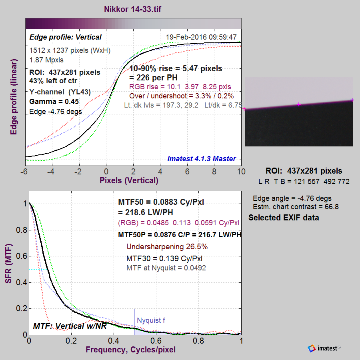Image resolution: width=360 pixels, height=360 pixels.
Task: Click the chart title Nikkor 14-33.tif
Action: click(x=132, y=9)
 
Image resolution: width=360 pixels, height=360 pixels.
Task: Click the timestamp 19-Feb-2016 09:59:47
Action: click(x=201, y=37)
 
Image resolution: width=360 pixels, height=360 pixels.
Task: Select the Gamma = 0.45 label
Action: click(x=54, y=102)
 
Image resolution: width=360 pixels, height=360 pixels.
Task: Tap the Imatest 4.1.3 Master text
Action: click(x=201, y=159)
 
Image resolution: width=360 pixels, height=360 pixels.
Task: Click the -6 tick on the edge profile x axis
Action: click(x=24, y=172)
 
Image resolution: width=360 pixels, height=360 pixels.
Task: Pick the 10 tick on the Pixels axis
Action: click(x=241, y=172)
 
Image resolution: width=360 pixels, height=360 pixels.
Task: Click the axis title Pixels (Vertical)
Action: click(x=129, y=180)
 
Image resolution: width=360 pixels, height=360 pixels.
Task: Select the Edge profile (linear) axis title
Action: click(x=14, y=97)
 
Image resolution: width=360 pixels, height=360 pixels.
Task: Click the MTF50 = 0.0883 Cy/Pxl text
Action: click(x=161, y=202)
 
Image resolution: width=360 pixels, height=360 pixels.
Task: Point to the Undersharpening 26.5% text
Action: click(x=167, y=246)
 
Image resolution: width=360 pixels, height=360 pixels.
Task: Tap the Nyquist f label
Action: click(x=151, y=320)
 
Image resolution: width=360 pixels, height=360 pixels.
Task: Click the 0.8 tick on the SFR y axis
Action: click(x=21, y=230)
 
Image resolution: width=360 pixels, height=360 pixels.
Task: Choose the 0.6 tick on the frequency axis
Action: click(x=156, y=341)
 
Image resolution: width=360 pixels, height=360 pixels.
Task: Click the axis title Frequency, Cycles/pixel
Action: click(x=130, y=350)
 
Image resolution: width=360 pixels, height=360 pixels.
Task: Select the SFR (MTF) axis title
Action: click(x=8, y=264)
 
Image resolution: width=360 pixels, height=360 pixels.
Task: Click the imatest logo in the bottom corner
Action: click(x=324, y=348)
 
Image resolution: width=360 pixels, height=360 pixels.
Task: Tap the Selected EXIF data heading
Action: click(x=284, y=218)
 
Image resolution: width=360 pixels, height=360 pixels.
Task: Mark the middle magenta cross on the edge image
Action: click(x=298, y=104)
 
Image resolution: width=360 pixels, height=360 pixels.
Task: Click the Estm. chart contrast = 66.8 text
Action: click(x=296, y=207)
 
